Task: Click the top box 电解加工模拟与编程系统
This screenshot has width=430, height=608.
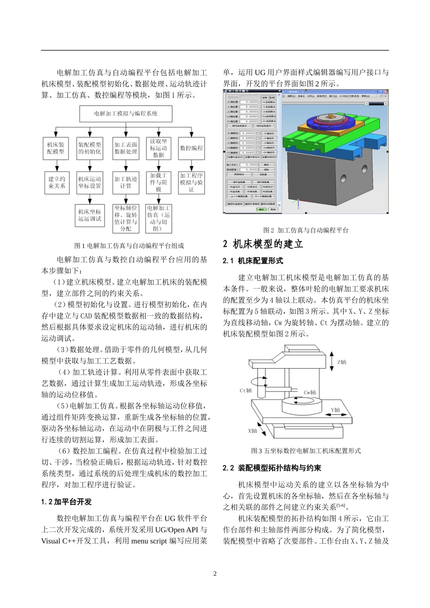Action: click(x=126, y=114)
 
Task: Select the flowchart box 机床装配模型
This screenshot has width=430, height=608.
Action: click(x=56, y=148)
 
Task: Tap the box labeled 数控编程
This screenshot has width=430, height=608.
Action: click(x=191, y=148)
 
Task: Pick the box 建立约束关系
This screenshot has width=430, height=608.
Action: click(x=57, y=182)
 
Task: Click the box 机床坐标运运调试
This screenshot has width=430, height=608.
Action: click(x=89, y=215)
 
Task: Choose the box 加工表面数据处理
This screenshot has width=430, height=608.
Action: click(x=125, y=148)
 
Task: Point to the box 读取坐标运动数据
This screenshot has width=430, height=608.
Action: click(x=158, y=148)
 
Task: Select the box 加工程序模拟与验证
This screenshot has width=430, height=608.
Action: click(x=191, y=182)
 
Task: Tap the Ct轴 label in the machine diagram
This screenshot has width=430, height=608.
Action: click(x=246, y=390)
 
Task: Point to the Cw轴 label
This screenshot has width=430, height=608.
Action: click(x=310, y=393)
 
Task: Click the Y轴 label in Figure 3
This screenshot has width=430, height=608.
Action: click(x=335, y=410)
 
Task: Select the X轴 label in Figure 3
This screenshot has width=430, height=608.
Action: click(x=252, y=431)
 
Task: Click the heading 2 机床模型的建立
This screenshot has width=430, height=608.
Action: click(x=263, y=244)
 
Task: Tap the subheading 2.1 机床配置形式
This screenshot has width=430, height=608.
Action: click(x=253, y=261)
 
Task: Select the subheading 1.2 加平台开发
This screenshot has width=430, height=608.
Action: click(x=67, y=502)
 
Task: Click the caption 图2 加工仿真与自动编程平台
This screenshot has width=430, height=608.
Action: click(x=306, y=230)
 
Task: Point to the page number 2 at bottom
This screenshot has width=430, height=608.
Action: click(x=215, y=574)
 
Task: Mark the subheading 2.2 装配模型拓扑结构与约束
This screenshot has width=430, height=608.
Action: click(x=272, y=468)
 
